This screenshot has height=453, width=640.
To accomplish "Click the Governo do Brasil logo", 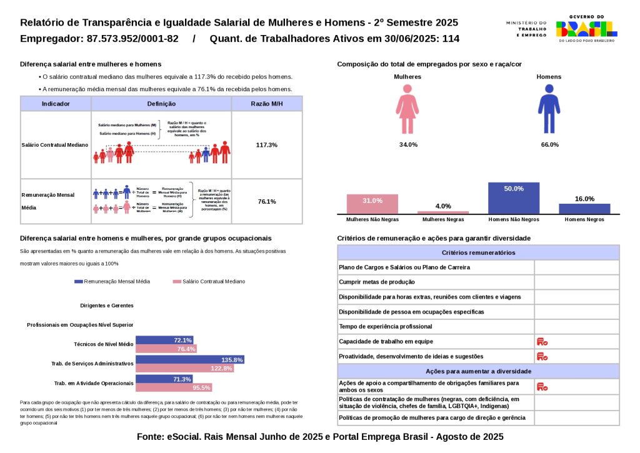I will pos(586,29).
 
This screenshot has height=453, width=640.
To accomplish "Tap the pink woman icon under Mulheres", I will pos(407,109).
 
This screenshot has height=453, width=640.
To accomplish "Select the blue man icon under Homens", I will pos(549,109).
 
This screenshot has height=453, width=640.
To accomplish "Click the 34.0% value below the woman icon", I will pos(408,145).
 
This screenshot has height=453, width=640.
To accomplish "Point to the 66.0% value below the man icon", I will pos(549,145).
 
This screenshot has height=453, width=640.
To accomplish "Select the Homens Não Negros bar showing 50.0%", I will pos(514,198).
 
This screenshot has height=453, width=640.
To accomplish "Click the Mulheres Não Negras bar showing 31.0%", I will pos(372,204).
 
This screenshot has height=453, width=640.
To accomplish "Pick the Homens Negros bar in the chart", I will pos(584,209).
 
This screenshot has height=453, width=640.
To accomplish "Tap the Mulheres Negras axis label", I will pos(443,220).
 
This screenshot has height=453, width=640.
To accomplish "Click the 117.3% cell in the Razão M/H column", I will pos(267,145).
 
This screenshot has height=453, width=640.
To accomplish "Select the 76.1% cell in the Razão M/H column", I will pos(267,201).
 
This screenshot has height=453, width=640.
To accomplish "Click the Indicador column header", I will pos(56,104).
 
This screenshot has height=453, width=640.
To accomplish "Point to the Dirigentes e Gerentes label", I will pos(107,306).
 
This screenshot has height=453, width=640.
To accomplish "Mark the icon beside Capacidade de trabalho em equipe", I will pos(542,342).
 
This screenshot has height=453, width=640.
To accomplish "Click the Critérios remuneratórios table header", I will pos(478,252).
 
